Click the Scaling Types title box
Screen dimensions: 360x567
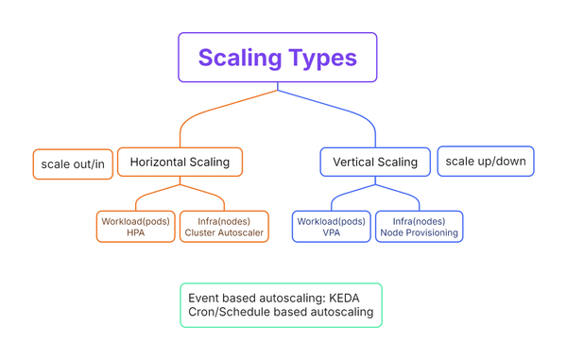pos(277,57)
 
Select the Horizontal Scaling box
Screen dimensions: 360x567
pos(180,162)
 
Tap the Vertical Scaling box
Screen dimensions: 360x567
pos(375,162)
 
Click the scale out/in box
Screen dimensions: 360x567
pos(73,164)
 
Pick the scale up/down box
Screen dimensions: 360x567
pos(486,161)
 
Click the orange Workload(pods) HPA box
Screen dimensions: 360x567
pos(136,226)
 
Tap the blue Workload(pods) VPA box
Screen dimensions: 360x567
pos(331,226)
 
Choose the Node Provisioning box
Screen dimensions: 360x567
pos(420,226)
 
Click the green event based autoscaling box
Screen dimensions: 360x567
pos(281,304)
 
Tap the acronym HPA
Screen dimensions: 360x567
pos(136,232)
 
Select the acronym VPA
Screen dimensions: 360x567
pos(331,232)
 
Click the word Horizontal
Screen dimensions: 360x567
pos(159,162)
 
